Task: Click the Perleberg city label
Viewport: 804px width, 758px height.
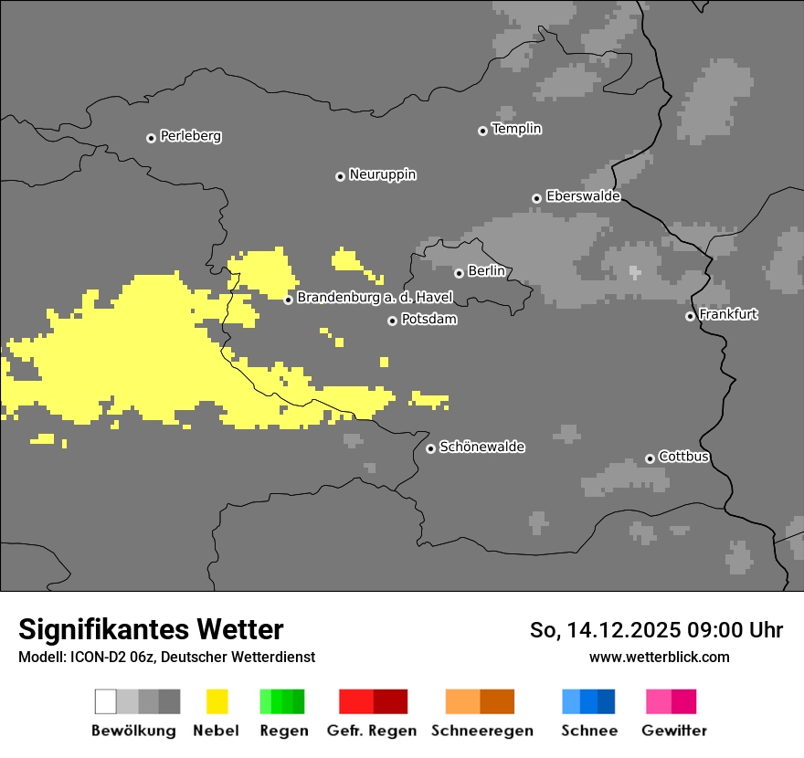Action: pos(190,136)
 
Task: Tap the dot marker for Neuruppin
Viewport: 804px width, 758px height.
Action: pos(340,176)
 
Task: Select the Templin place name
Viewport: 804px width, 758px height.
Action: pos(516,129)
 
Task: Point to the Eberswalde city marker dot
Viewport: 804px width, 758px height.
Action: pos(537,198)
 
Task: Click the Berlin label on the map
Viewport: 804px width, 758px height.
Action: pos(486,271)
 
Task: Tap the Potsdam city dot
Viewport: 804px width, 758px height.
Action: pos(392,321)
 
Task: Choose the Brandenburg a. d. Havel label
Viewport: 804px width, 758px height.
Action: pos(375,298)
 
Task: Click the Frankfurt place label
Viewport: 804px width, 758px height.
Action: pos(728,314)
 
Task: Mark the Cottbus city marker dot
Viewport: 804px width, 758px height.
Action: pos(650,458)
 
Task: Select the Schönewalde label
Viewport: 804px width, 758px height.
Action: pos(481,447)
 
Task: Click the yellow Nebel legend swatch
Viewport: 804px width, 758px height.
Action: pos(217,701)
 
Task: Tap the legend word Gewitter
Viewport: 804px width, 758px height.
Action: pos(673,731)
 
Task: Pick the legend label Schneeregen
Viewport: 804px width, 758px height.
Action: pos(481,731)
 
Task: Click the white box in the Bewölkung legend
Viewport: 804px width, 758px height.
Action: pos(105,701)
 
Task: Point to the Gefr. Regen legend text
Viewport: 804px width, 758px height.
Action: pos(371,731)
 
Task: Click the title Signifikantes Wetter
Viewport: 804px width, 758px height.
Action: pos(151,629)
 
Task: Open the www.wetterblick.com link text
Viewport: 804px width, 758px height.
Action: pos(659,657)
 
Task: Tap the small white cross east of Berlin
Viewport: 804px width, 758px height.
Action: pos(635,272)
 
